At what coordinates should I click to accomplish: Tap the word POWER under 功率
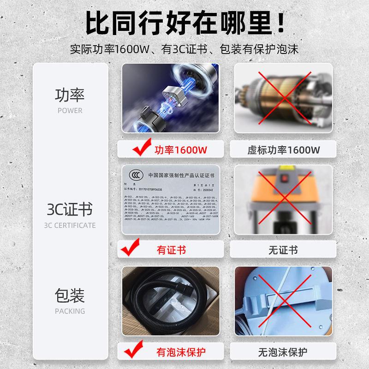click(x=70, y=111)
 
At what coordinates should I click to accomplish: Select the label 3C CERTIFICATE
click(x=70, y=226)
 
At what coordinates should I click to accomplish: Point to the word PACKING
click(x=70, y=311)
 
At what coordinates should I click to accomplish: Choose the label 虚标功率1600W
click(x=283, y=149)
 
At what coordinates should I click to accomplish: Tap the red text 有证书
click(x=172, y=250)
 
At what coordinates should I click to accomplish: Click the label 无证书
click(x=283, y=250)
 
